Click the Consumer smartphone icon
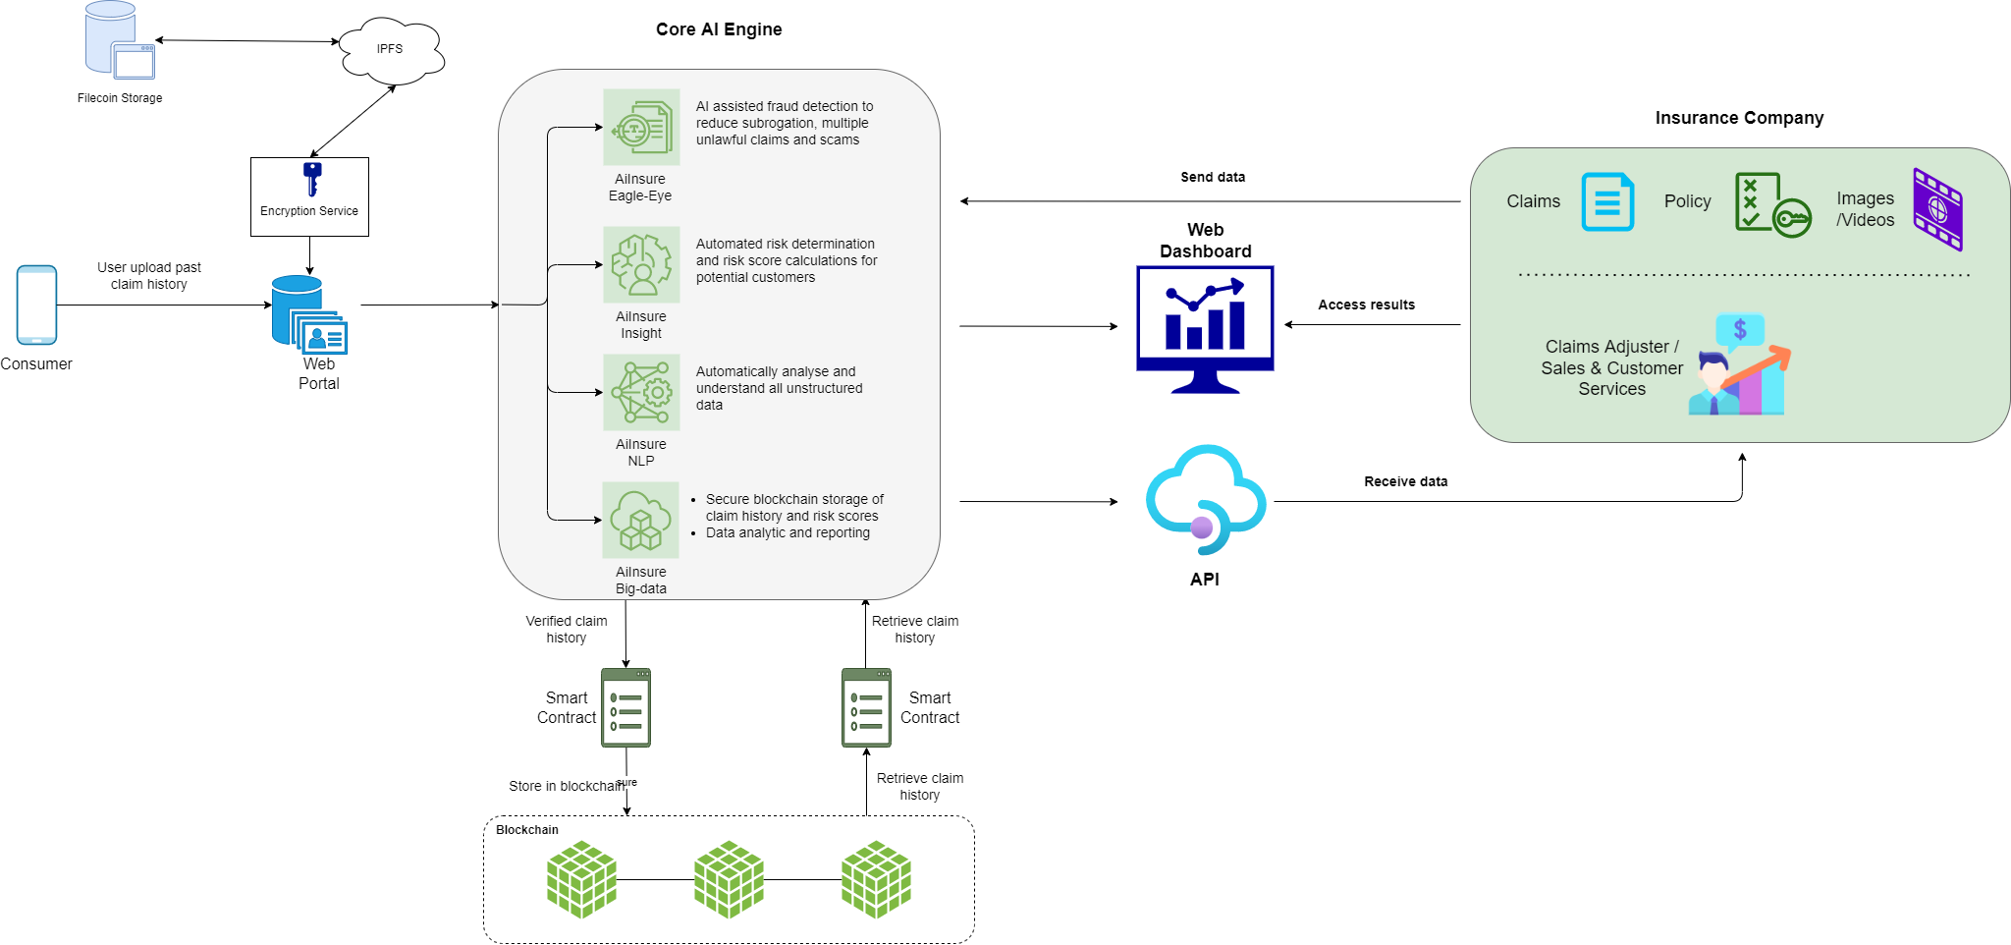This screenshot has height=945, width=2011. [36, 305]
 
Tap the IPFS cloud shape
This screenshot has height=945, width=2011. [391, 49]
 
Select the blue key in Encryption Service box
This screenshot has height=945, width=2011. [312, 179]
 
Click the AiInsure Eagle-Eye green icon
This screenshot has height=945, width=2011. [641, 127]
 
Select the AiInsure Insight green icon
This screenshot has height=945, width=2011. [641, 264]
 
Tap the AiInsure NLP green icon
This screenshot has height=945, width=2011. [641, 392]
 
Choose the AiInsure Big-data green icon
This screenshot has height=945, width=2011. [640, 520]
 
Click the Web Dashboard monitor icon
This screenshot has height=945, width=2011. [1205, 328]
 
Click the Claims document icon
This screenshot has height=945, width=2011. [1607, 201]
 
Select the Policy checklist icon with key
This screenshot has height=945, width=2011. [1771, 204]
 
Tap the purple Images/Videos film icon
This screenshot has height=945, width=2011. [1937, 208]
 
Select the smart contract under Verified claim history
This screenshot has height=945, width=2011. [625, 707]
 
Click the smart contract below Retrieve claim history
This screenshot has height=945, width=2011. [866, 707]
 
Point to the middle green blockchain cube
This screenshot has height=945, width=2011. [729, 879]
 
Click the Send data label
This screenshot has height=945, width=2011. [1212, 177]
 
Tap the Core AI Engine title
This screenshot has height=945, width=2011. [719, 29]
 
